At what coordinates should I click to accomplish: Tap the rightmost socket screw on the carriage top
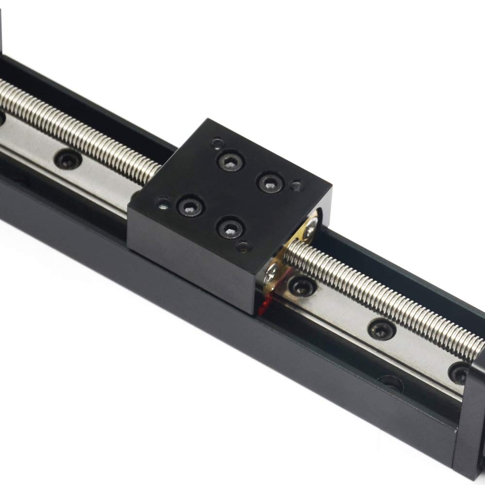coord(268,182)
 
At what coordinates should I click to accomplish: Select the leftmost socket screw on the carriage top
coord(190,206)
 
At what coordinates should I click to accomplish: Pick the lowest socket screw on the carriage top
coord(229,226)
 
